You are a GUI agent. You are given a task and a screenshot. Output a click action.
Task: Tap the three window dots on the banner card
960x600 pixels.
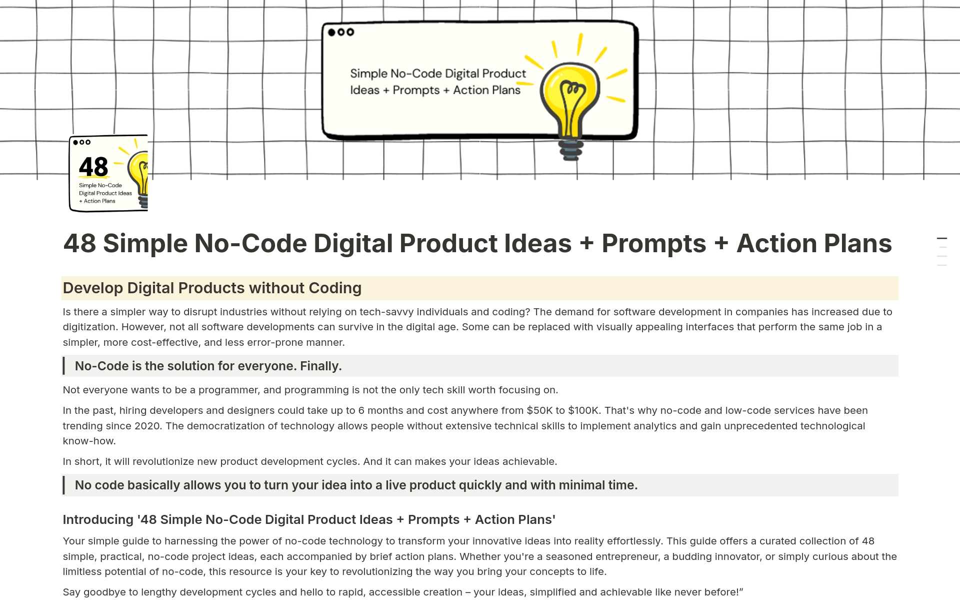point(340,32)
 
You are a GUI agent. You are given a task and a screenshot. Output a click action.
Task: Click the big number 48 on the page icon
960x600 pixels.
point(93,167)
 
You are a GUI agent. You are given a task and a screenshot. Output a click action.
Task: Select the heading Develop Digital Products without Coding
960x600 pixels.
point(212,288)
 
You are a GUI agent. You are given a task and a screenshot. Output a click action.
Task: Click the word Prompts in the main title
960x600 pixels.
point(653,244)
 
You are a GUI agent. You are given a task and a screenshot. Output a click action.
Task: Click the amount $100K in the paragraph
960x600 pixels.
point(583,411)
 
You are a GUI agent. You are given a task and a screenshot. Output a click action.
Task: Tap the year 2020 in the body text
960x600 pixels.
point(147,426)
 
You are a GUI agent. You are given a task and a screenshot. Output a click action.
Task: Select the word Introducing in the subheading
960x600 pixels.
point(98,520)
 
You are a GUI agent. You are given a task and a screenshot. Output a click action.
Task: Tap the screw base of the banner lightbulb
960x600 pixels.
point(570,149)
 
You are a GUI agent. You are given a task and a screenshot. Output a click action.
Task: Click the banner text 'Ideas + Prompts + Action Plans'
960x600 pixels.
point(435,91)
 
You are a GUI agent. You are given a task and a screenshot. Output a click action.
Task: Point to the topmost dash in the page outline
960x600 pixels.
point(941,238)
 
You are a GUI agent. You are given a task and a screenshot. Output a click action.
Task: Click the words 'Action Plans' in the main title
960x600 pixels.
point(814,244)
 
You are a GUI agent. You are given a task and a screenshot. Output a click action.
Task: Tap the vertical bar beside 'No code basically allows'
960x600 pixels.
point(64,485)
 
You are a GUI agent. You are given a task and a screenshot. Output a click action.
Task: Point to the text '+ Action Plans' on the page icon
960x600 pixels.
point(97,201)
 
